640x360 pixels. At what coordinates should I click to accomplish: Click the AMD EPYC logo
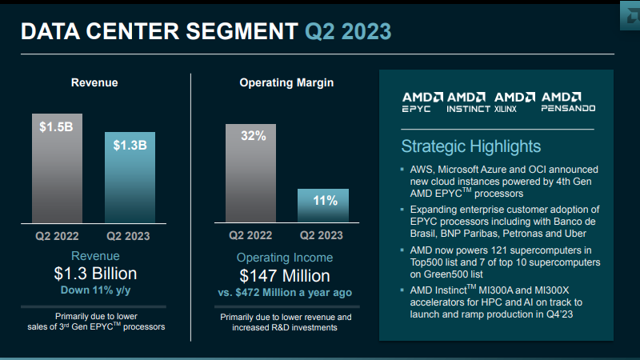[421, 102]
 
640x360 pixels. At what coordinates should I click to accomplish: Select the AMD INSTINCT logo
[468, 102]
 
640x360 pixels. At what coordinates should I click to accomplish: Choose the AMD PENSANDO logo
[568, 102]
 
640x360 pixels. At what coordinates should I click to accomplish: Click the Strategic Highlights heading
[470, 146]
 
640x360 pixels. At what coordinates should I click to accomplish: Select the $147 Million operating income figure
[285, 276]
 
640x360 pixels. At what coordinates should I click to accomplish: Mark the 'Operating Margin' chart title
[286, 82]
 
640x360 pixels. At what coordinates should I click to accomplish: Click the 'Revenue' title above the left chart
[94, 82]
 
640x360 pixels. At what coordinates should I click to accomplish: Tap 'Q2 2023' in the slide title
[348, 32]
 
